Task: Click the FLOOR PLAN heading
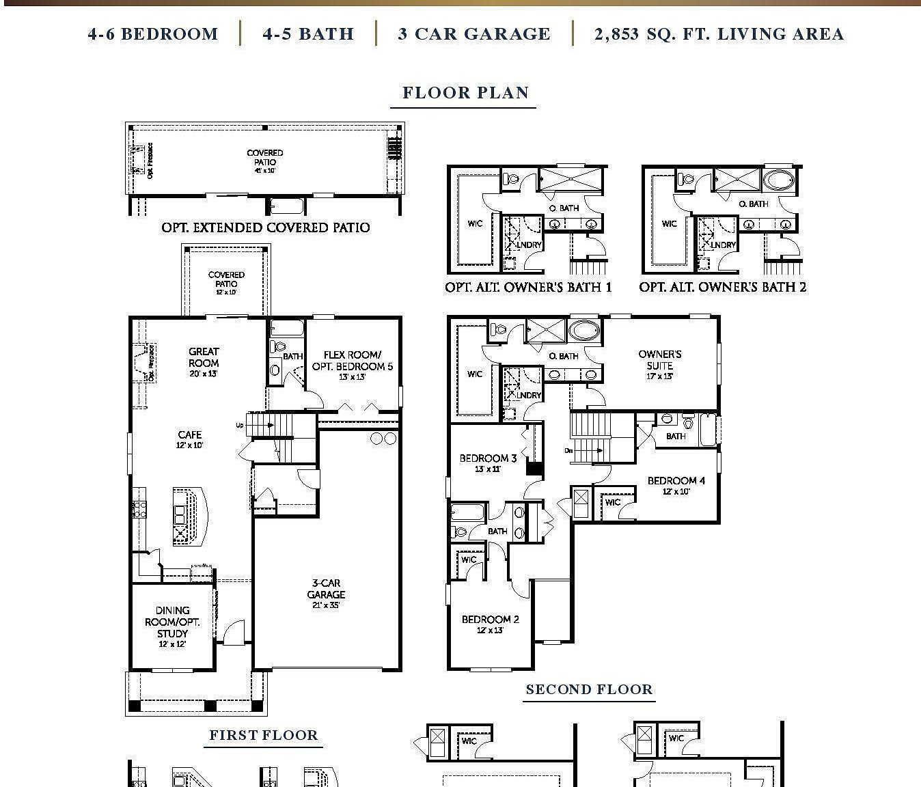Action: click(x=465, y=93)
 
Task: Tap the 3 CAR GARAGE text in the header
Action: click(x=474, y=34)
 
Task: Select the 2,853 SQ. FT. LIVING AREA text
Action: click(x=719, y=34)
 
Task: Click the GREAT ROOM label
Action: click(x=204, y=357)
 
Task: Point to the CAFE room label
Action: click(x=190, y=435)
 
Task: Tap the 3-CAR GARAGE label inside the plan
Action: click(x=326, y=589)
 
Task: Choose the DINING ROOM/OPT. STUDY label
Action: click(x=172, y=622)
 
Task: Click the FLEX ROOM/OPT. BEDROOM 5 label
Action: click(x=353, y=361)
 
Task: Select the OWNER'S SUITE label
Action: click(x=660, y=360)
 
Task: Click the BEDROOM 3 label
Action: click(x=488, y=458)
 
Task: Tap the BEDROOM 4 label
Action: click(x=676, y=481)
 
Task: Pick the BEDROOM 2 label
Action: click(x=490, y=620)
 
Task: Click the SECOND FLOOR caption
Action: click(x=589, y=690)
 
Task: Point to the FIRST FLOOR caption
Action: click(x=264, y=736)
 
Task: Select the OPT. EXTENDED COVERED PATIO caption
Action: click(x=266, y=227)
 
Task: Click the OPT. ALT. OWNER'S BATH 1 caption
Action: click(x=528, y=288)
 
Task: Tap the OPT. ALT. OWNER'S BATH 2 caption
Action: click(x=722, y=288)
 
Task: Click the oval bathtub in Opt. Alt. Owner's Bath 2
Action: click(x=779, y=180)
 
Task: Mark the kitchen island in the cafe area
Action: click(x=189, y=516)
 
